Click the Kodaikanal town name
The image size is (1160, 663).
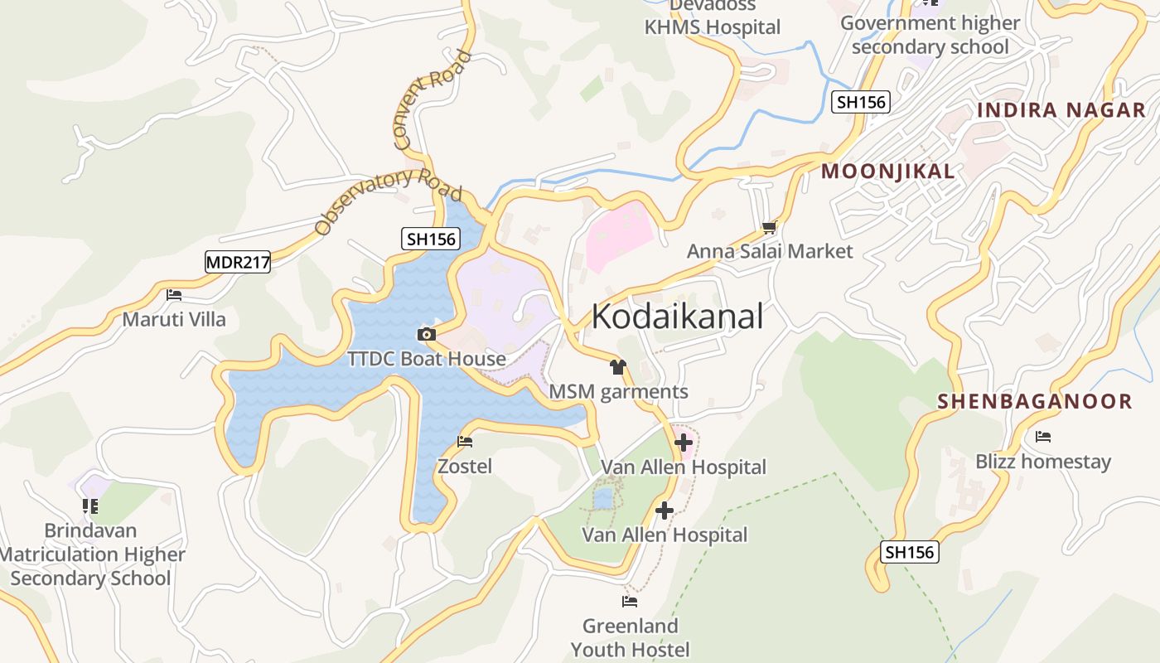pyautogui.click(x=677, y=317)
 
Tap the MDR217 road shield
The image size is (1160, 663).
pyautogui.click(x=238, y=263)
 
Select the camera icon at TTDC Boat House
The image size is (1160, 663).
pyautogui.click(x=427, y=335)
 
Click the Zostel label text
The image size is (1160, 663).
pyautogui.click(x=465, y=467)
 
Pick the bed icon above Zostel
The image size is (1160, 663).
pyautogui.click(x=465, y=442)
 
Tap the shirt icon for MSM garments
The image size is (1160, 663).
pyautogui.click(x=617, y=366)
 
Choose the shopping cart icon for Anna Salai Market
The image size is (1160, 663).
pyautogui.click(x=770, y=227)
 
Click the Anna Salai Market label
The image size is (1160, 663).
pyautogui.click(x=770, y=251)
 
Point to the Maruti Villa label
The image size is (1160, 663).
pyautogui.click(x=174, y=319)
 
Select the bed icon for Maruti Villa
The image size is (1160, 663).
pyautogui.click(x=174, y=294)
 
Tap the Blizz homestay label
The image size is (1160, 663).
pyautogui.click(x=1043, y=462)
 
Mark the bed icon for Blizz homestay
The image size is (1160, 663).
pyautogui.click(x=1043, y=437)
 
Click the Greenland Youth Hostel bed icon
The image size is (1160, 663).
pyautogui.click(x=630, y=601)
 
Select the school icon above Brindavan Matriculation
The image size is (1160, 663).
pyautogui.click(x=90, y=506)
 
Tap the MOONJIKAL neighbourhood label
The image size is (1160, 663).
pyautogui.click(x=887, y=172)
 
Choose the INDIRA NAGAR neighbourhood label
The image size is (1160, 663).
pyautogui.click(x=1061, y=110)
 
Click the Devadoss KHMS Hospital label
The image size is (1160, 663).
pyautogui.click(x=713, y=18)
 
